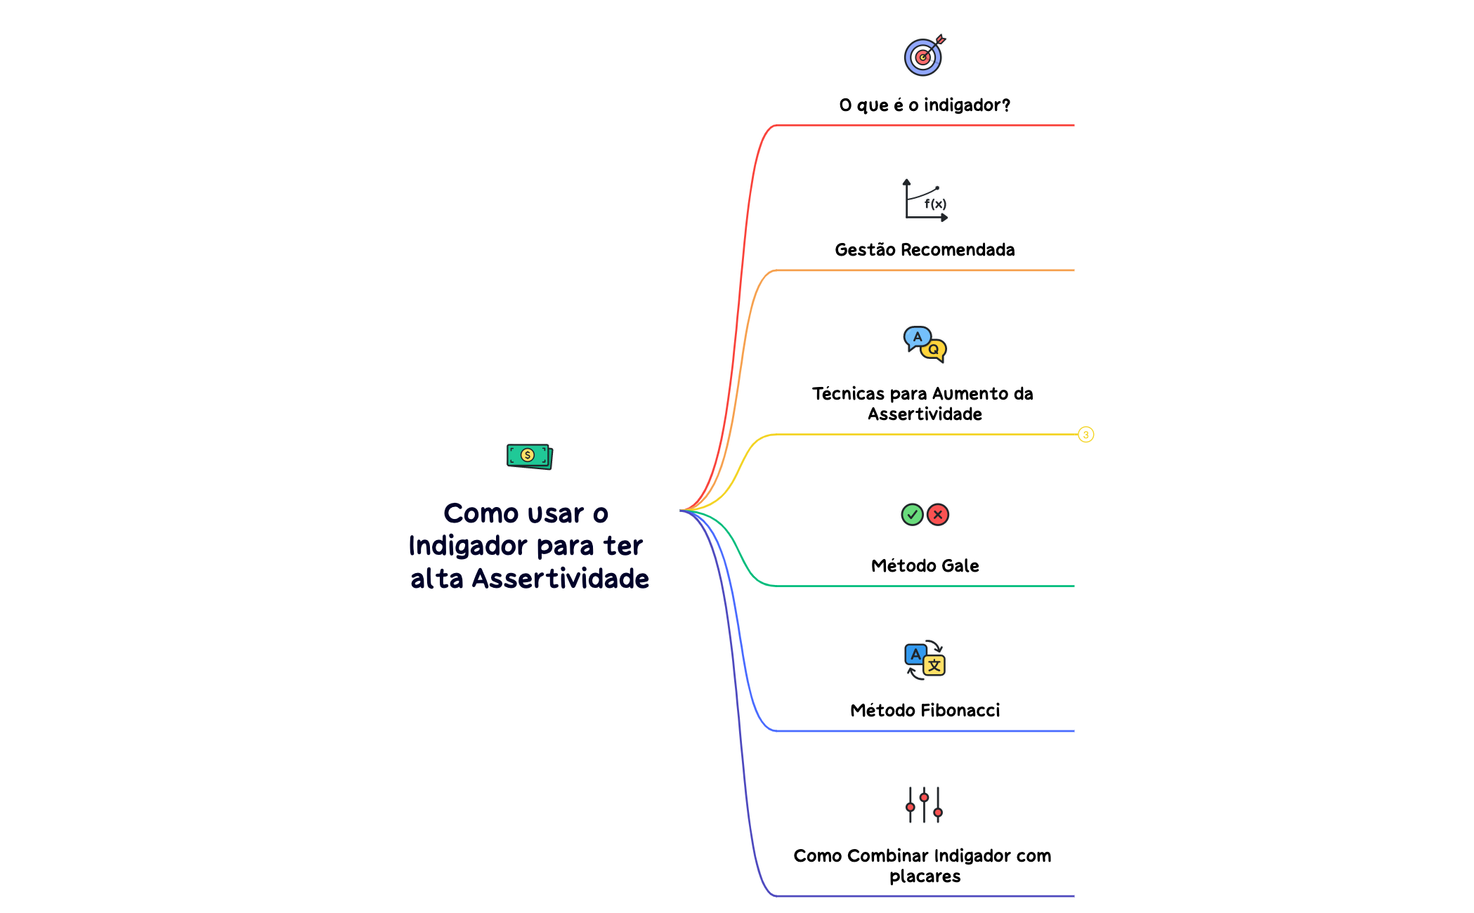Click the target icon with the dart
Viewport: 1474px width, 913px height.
pyautogui.click(x=923, y=56)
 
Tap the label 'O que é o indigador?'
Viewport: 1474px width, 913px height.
pyautogui.click(x=925, y=105)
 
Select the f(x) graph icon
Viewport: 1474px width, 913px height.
pyautogui.click(x=925, y=200)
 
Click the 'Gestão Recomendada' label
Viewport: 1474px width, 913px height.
pyautogui.click(x=925, y=250)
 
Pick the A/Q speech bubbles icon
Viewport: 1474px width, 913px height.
pyautogui.click(x=925, y=344)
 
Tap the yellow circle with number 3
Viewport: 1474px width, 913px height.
pyautogui.click(x=1085, y=435)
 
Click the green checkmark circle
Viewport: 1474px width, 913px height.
pyautogui.click(x=912, y=515)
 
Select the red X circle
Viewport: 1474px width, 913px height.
pyautogui.click(x=938, y=515)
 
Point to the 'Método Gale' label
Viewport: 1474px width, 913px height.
pyautogui.click(x=925, y=566)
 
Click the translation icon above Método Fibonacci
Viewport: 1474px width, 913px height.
pyautogui.click(x=925, y=660)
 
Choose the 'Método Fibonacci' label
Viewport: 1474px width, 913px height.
pyautogui.click(x=925, y=711)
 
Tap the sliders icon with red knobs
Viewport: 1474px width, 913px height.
pyautogui.click(x=924, y=805)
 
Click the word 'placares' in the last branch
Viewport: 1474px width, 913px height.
pyautogui.click(x=925, y=876)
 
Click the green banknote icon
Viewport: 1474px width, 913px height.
pyautogui.click(x=529, y=456)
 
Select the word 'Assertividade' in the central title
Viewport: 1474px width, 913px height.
pyautogui.click(x=560, y=579)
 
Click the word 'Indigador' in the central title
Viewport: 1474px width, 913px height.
pyautogui.click(x=467, y=546)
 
